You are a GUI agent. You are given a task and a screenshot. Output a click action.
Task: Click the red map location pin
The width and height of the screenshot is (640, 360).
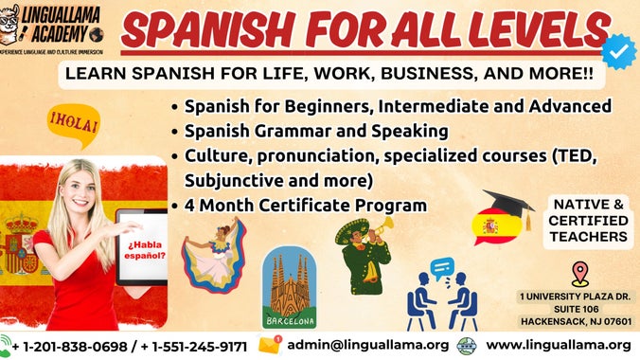(x=580, y=275)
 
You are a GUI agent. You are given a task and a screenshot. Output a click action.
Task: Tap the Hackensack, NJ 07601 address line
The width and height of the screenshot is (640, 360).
(x=575, y=320)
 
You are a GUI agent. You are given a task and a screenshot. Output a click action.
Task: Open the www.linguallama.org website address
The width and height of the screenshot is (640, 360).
(x=559, y=345)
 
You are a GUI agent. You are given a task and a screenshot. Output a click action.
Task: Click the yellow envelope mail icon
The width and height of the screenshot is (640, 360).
(x=271, y=345)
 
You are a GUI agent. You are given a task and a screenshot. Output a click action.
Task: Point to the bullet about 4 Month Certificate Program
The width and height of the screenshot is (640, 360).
(x=303, y=204)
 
